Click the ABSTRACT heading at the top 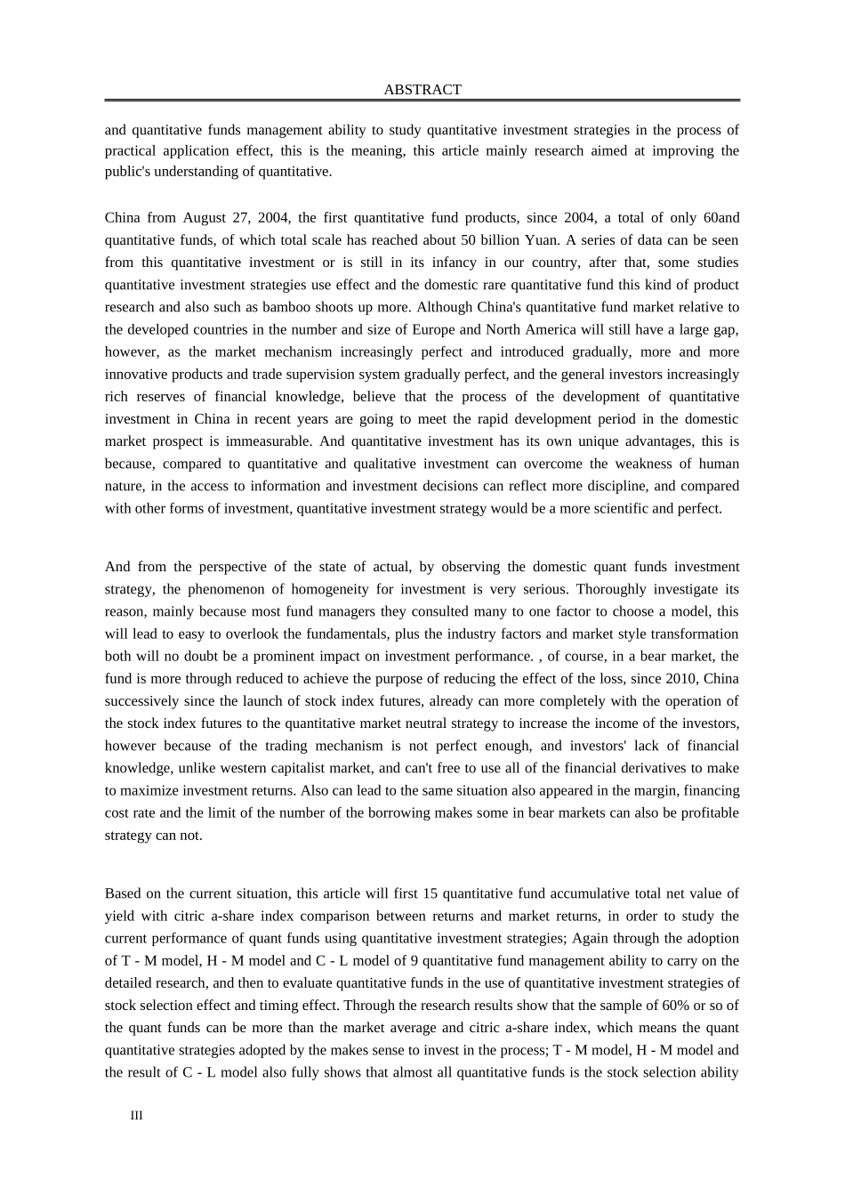(x=422, y=90)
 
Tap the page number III (x=136, y=1116)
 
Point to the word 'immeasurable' (x=264, y=441)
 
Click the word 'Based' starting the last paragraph (x=122, y=893)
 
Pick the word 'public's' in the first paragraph (x=128, y=172)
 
